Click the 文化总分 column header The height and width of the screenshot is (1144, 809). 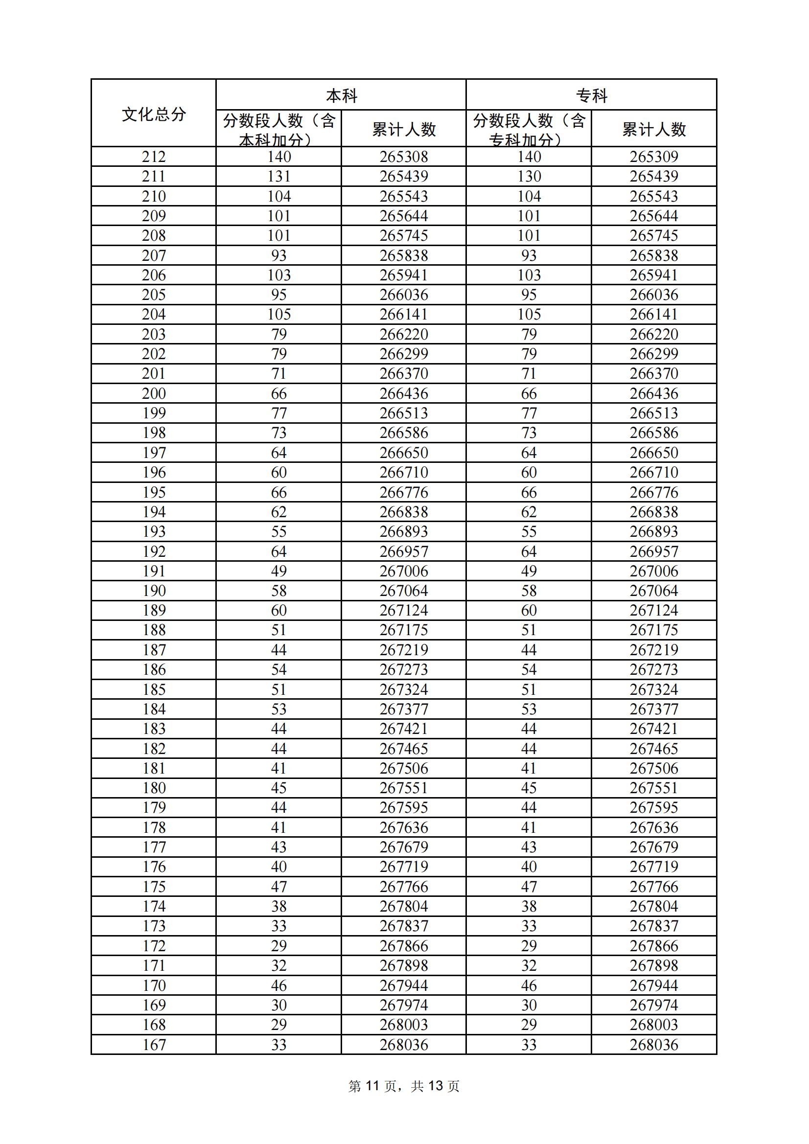tap(154, 114)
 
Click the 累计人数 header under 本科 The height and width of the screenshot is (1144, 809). tap(404, 130)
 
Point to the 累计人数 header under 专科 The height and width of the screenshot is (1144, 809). tap(654, 130)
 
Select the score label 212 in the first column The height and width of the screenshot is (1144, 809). tap(154, 157)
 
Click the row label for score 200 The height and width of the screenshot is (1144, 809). tap(154, 393)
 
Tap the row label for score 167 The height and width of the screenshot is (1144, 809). tap(154, 1044)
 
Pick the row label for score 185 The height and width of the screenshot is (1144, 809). tap(154, 689)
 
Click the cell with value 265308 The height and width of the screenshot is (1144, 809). tap(404, 157)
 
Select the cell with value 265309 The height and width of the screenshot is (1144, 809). tap(654, 157)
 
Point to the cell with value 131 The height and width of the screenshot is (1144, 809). tap(278, 176)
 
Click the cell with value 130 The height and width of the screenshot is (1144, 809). tap(529, 176)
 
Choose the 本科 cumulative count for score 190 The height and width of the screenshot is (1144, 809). tap(404, 591)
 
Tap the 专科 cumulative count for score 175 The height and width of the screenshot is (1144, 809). tap(654, 887)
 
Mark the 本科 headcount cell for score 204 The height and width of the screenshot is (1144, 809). tap(278, 315)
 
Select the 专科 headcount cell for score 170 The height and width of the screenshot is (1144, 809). tap(529, 985)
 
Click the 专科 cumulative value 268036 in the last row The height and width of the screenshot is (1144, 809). tap(654, 1044)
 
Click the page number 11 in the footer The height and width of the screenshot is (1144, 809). tap(372, 1086)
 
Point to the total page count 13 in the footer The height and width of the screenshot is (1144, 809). tap(435, 1086)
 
